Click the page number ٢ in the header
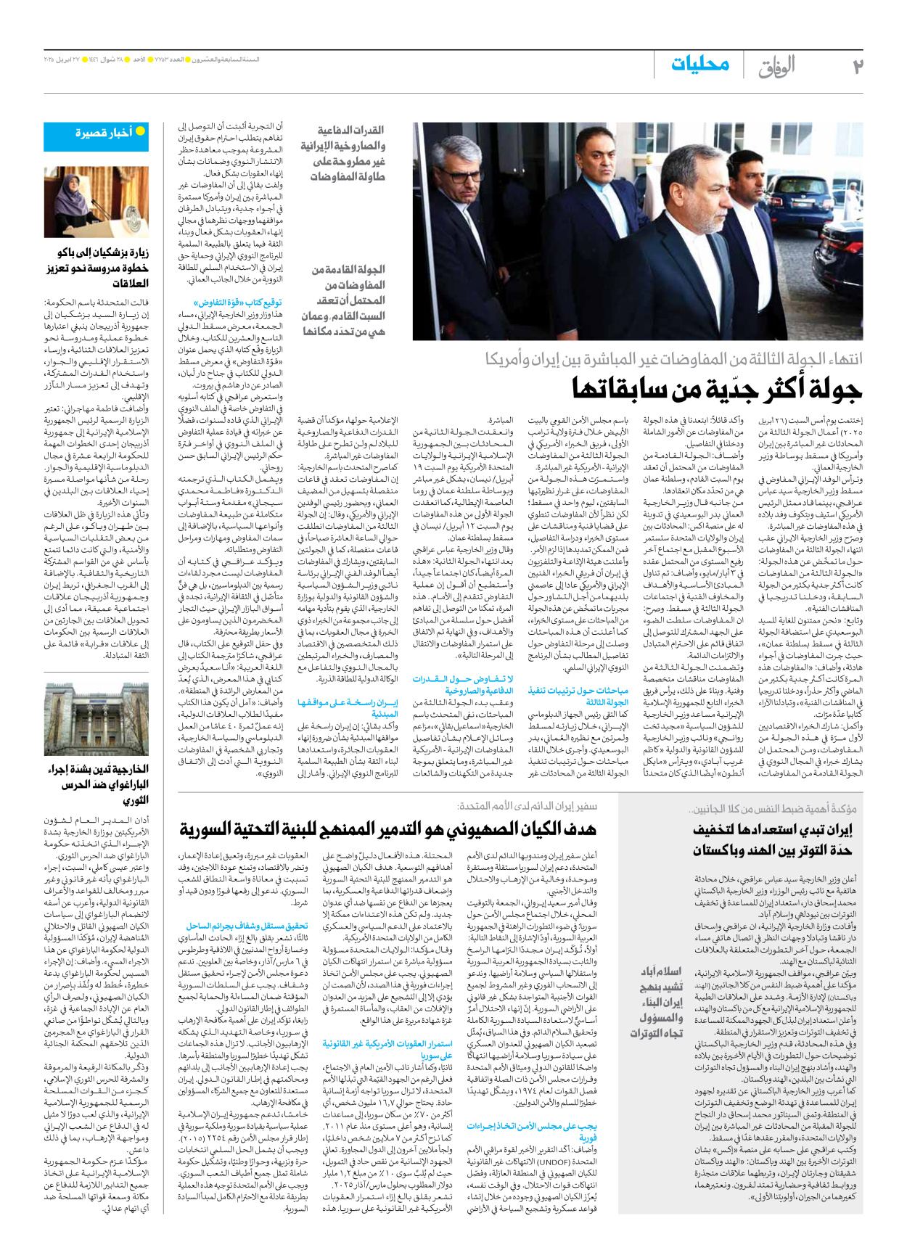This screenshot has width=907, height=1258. tap(857, 67)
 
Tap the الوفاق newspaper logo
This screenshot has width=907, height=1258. tap(776, 67)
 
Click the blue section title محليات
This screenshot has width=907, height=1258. tap(699, 65)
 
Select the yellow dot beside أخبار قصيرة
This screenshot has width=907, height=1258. tap(141, 131)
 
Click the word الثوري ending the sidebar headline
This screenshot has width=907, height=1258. tap(135, 800)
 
